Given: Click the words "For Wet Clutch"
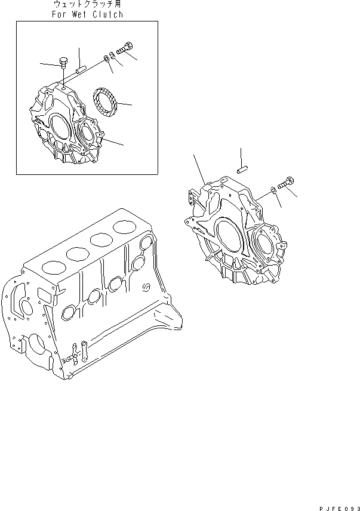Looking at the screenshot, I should click(x=88, y=14).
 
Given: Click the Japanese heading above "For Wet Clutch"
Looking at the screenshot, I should click(x=88, y=5).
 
